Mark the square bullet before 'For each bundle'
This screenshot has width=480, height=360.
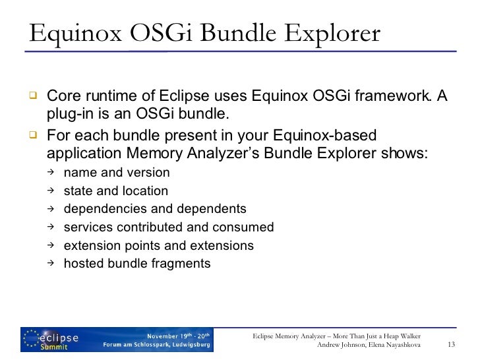[x=30, y=135]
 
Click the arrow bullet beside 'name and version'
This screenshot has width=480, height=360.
[x=51, y=173]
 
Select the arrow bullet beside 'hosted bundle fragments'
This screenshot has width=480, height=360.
[x=51, y=264]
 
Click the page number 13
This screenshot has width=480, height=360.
[x=452, y=344]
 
